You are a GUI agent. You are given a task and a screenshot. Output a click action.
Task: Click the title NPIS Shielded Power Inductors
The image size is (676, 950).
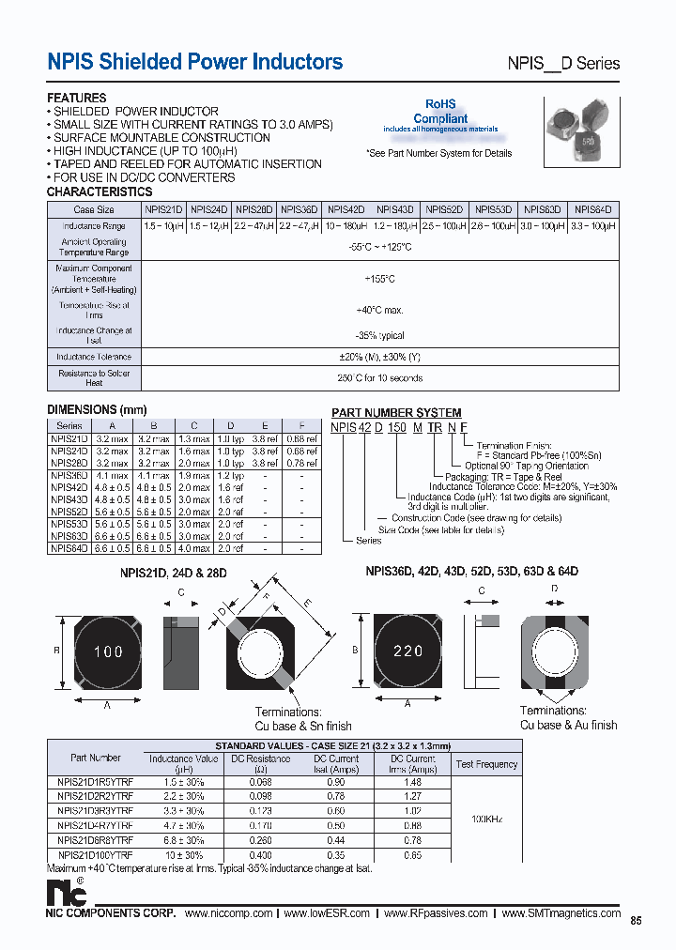(x=195, y=62)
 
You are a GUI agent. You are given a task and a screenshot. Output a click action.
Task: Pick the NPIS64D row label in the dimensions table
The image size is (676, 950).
(x=69, y=548)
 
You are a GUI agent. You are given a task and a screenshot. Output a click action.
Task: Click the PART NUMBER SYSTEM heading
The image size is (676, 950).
(x=396, y=413)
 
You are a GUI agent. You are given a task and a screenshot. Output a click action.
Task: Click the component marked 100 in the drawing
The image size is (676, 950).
(x=108, y=651)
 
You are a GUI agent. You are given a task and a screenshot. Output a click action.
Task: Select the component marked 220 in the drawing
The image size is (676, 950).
(x=407, y=650)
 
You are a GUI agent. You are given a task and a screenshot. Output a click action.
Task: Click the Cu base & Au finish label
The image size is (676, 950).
(x=568, y=725)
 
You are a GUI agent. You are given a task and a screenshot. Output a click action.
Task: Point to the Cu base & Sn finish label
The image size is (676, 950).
(x=303, y=726)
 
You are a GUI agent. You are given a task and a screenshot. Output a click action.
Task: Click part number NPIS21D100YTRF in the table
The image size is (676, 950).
(x=95, y=855)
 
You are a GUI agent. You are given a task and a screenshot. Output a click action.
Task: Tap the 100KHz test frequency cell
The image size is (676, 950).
(x=486, y=819)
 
